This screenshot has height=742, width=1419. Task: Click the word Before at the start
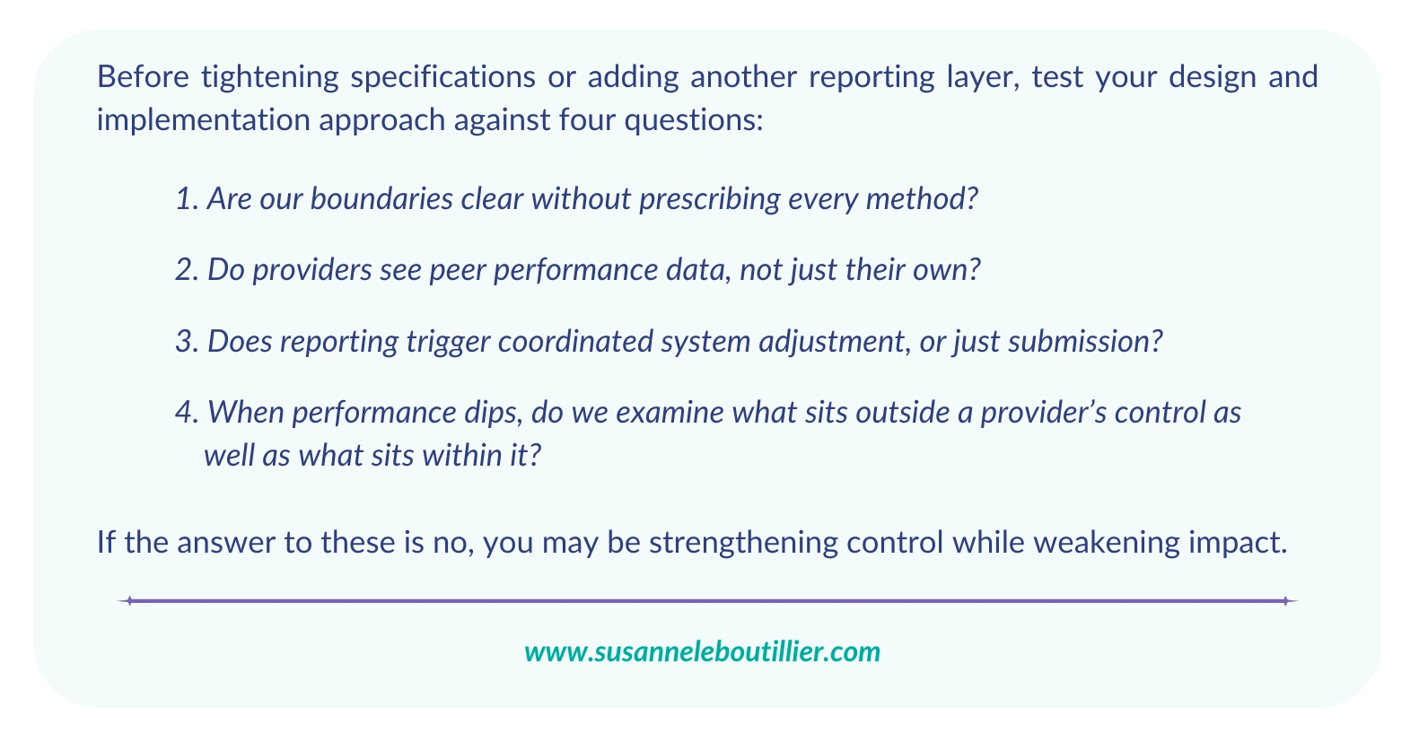tap(143, 77)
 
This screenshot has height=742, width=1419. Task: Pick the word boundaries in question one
tap(381, 199)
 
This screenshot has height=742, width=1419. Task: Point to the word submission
tap(1085, 341)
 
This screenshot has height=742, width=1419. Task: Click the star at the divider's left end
tap(129, 601)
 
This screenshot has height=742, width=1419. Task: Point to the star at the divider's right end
tap(1285, 601)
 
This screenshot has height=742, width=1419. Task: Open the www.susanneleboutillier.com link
tap(703, 652)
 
